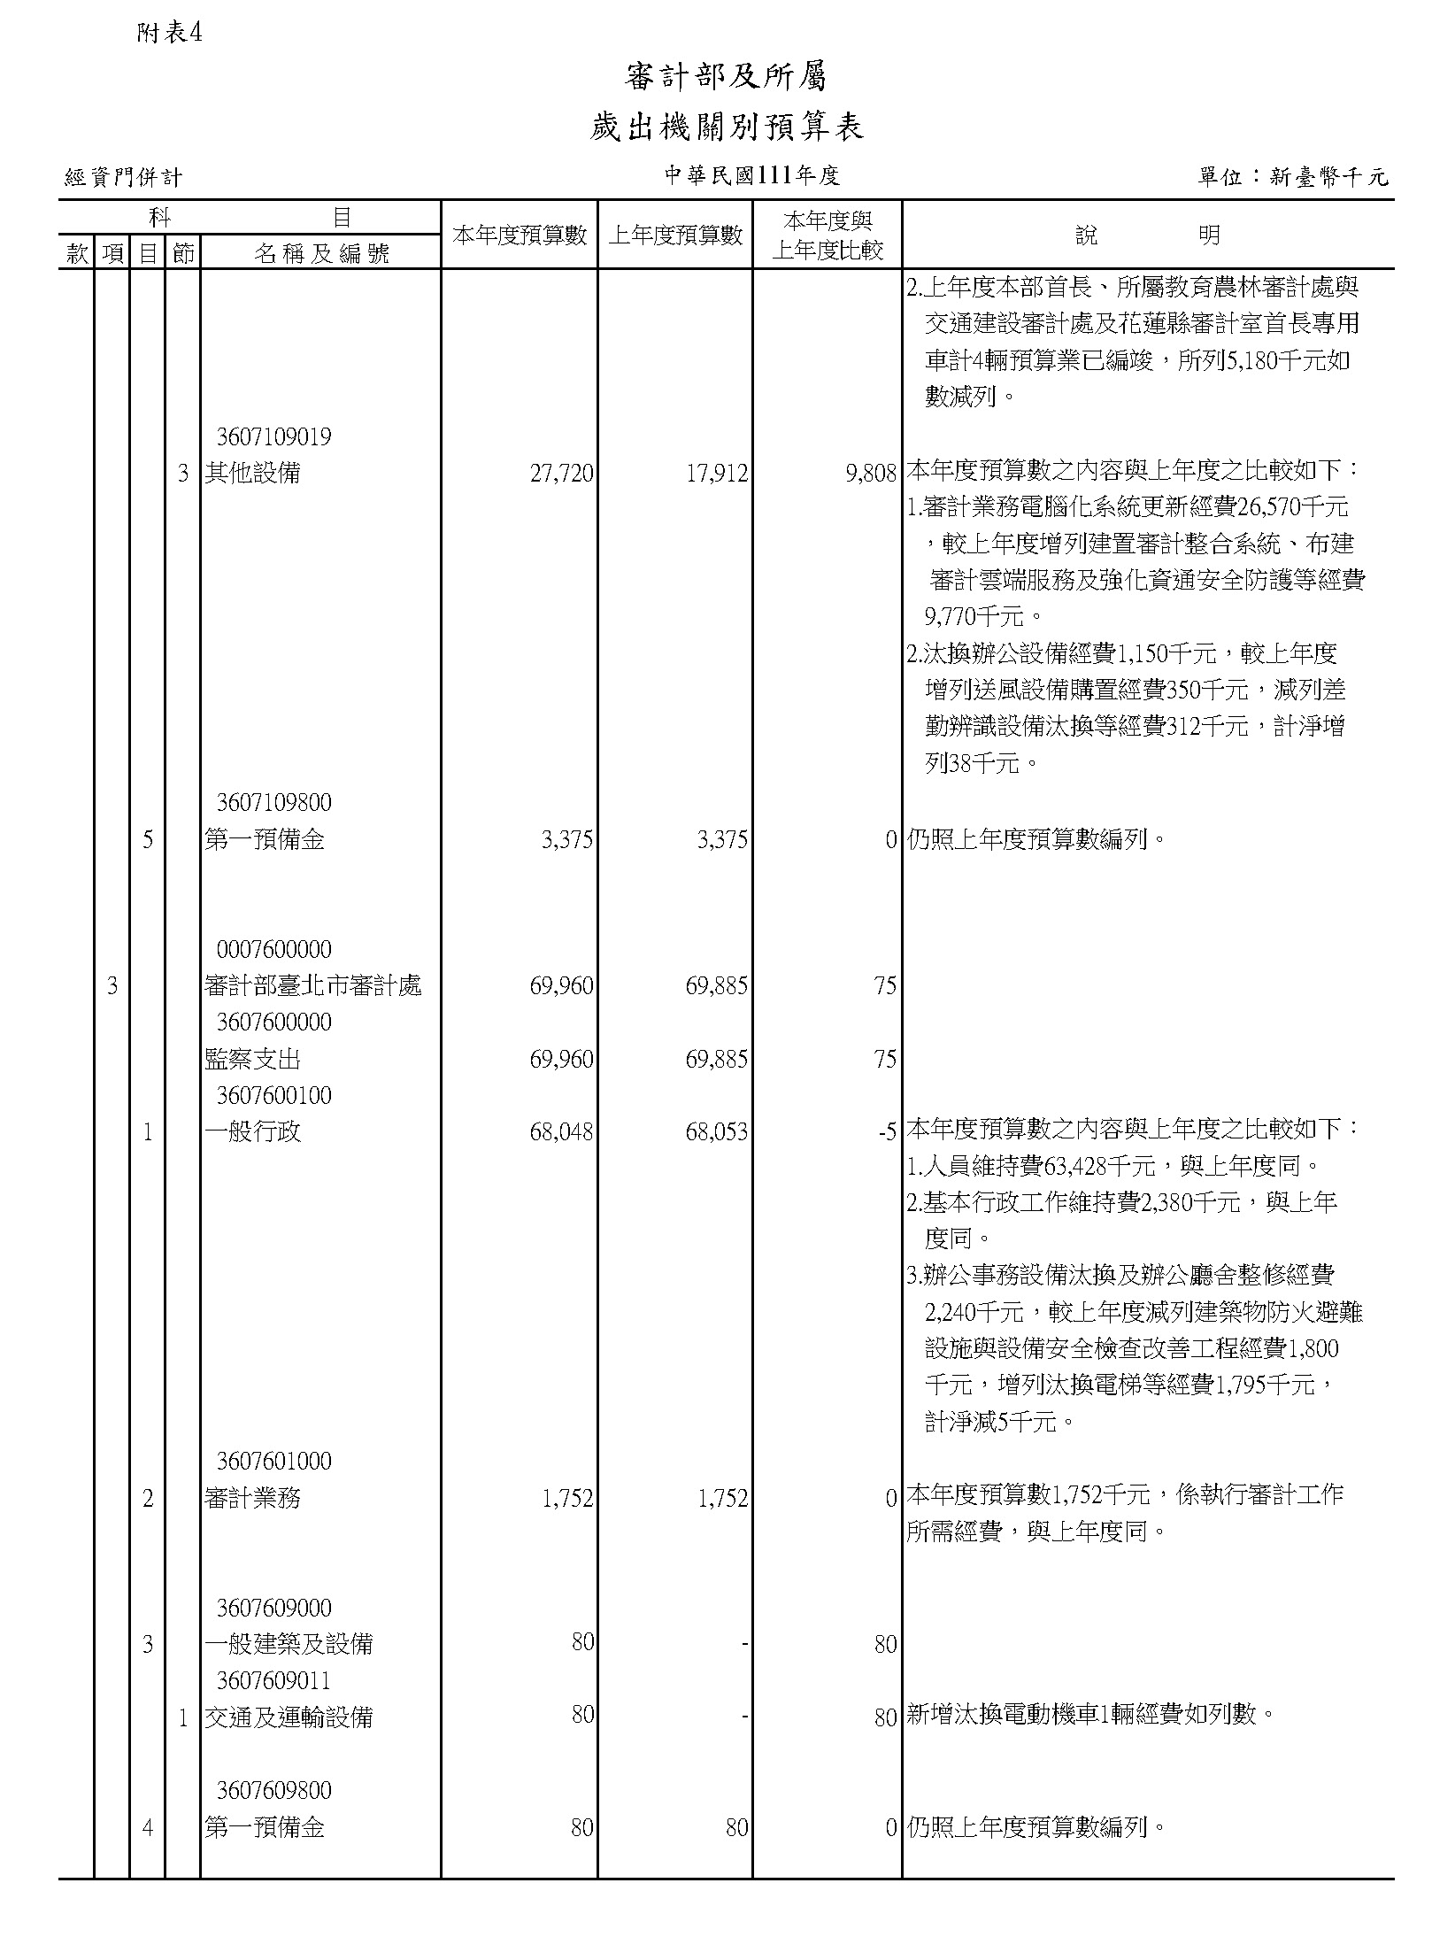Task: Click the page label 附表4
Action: (171, 34)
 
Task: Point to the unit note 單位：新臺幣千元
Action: (1293, 177)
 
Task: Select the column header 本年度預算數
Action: (520, 235)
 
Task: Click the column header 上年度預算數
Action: (675, 235)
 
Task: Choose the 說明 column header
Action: (1147, 235)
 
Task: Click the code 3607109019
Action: (274, 437)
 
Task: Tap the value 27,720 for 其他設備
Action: (561, 474)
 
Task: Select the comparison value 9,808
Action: (871, 474)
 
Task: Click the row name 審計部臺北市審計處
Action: (313, 985)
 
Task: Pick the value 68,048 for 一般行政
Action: (561, 1131)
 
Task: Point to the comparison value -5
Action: (888, 1131)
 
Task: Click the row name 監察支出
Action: (253, 1059)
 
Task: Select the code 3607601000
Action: (274, 1461)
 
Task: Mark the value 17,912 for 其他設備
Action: (717, 474)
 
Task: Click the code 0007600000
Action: (274, 950)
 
